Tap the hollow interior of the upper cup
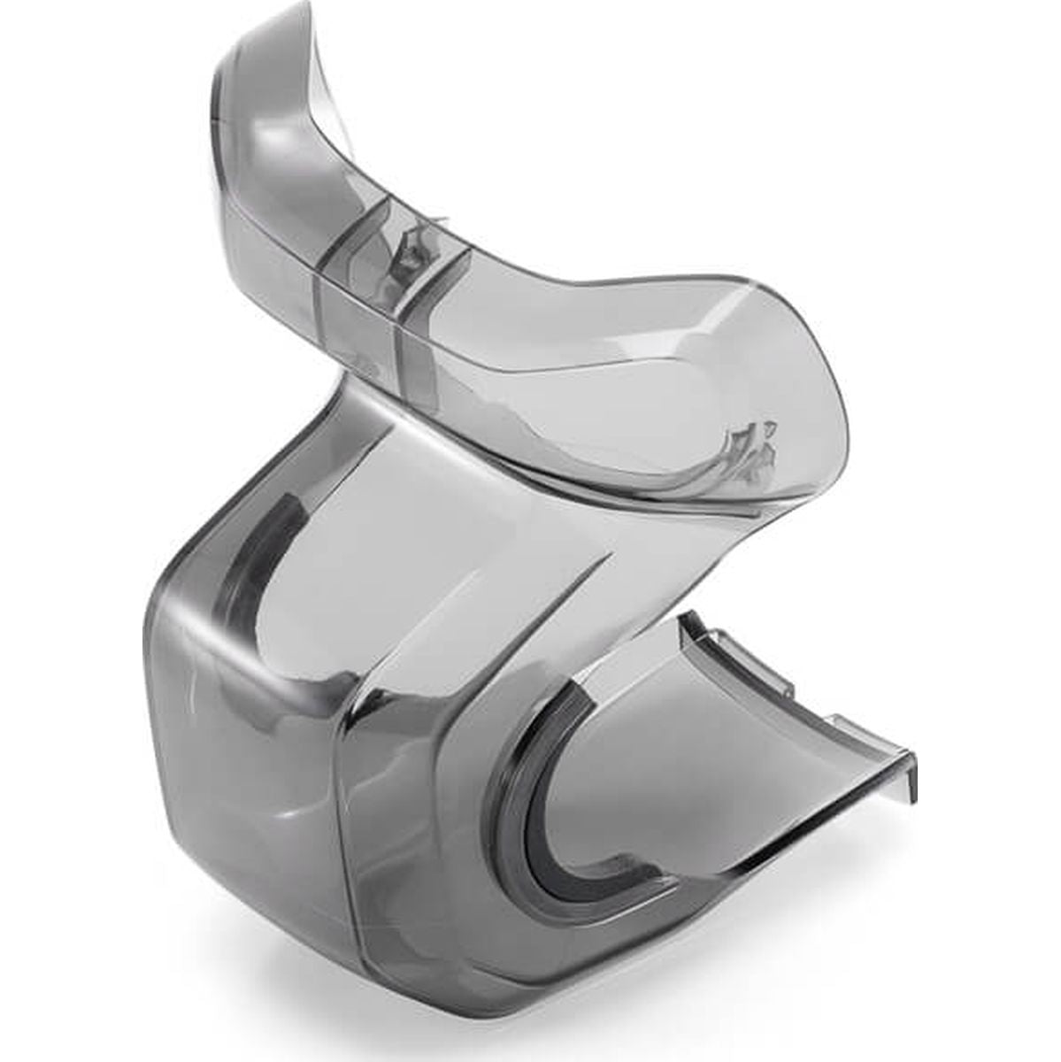coord(619,381)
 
